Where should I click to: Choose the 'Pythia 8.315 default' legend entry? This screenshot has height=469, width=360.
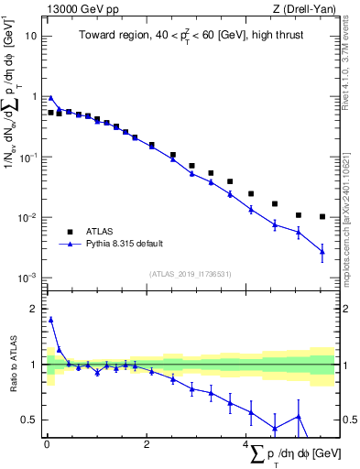pyautogui.click(x=125, y=245)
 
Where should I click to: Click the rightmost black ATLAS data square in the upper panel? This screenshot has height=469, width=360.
pyautogui.click(x=322, y=217)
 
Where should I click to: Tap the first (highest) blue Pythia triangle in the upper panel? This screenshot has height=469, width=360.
pyautogui.click(x=50, y=98)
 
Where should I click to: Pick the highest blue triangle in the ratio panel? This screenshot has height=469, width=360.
pyautogui.click(x=50, y=320)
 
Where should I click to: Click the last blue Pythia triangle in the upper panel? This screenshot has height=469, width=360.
pyautogui.click(x=322, y=251)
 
